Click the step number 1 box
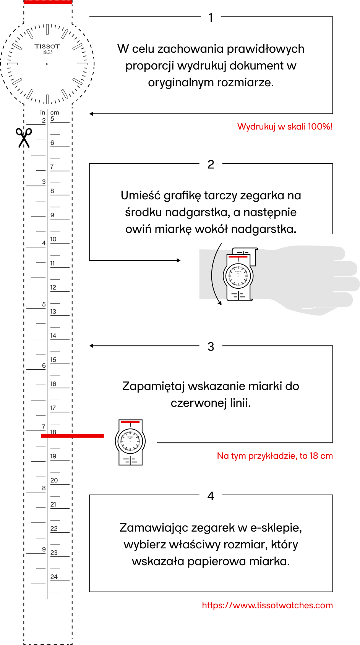coord(211,18)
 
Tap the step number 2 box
coord(211,164)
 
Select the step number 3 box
coord(211,346)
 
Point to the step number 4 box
coord(211,496)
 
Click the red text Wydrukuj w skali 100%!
coord(285,127)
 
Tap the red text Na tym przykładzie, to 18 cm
coord(275,456)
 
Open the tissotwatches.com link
coord(268,605)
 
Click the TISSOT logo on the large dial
coord(47,47)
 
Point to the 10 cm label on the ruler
coord(53,239)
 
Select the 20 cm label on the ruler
coord(54,480)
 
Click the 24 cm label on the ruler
coord(54,577)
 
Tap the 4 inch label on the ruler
coord(44,243)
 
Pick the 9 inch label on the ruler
coord(44,549)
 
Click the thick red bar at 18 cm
coord(72,436)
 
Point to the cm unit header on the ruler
coord(55,113)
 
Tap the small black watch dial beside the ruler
coord(130,441)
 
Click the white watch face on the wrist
coord(238,275)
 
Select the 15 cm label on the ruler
coord(53,360)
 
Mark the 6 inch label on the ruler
coord(44,365)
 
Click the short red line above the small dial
coord(130,422)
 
